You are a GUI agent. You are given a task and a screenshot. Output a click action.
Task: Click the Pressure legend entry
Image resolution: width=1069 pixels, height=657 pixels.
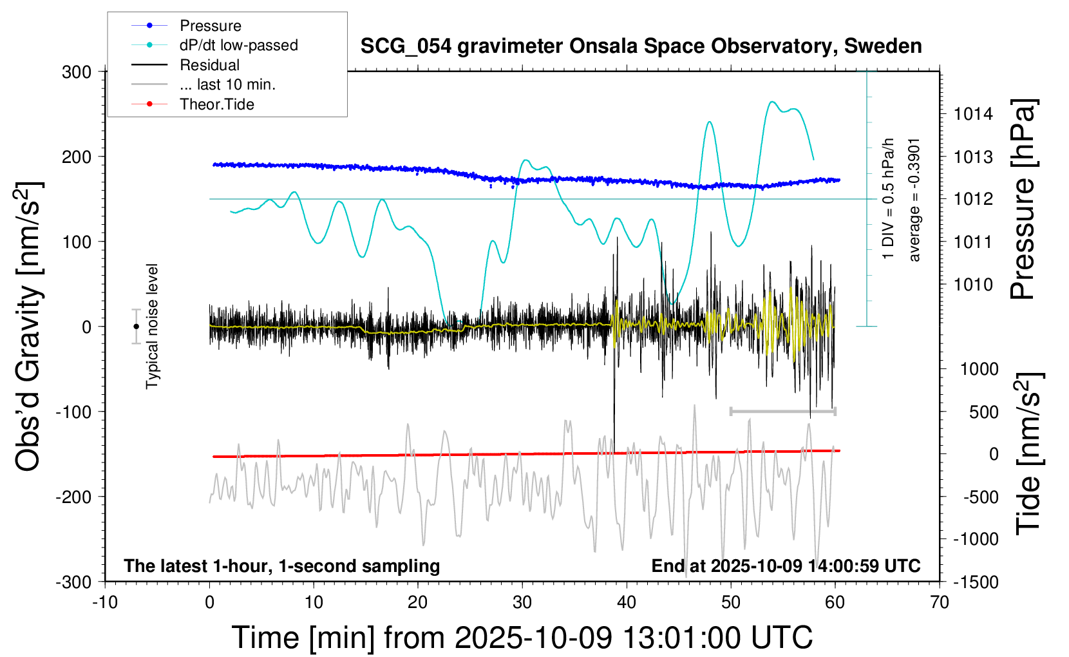coord(210,26)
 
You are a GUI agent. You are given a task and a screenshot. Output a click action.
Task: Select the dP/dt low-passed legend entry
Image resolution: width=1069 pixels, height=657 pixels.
coord(238,45)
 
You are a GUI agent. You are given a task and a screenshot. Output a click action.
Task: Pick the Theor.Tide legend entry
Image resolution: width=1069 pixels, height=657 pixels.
coord(216,104)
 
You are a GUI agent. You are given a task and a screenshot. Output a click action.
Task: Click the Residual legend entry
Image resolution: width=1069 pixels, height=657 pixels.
coord(209,65)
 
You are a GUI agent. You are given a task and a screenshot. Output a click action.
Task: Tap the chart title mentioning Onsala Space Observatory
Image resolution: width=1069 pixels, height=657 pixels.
coord(641,46)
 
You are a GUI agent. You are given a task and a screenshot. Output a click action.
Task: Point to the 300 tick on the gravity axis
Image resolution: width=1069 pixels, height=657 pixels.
coord(77,71)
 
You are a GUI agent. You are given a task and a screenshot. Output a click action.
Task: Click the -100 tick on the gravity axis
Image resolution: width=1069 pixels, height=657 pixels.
coord(73,412)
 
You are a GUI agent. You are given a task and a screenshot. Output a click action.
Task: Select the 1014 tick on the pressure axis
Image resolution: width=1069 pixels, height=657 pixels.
coord(973,114)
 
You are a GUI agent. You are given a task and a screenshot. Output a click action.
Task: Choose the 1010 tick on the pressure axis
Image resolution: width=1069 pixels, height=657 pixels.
coord(973,284)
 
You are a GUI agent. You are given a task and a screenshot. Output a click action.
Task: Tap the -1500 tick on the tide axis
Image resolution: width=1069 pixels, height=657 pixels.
coord(976,582)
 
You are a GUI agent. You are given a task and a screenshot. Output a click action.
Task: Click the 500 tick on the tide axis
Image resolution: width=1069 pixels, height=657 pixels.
coord(983,412)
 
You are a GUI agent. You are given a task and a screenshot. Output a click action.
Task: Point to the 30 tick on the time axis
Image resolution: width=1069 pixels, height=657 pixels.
coord(522,602)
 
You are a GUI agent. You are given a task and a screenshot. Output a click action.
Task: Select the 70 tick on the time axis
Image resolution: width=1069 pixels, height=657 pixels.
coord(940,602)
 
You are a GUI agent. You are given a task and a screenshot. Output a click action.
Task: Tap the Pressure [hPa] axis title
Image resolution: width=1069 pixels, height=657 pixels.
coord(1023,199)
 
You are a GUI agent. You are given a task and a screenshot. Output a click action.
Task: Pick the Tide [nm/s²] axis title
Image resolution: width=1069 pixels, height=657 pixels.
coord(1028,453)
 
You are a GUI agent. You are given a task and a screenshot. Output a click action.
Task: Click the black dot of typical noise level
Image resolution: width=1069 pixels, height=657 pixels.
coord(136,327)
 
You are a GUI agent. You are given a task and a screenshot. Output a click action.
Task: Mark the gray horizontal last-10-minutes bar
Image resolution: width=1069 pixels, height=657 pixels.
coord(782,411)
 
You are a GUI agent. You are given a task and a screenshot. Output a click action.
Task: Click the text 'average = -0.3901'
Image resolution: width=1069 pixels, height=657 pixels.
coord(914,200)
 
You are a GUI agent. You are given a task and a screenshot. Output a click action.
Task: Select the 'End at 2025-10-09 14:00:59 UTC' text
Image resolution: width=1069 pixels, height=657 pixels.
coord(786,566)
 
